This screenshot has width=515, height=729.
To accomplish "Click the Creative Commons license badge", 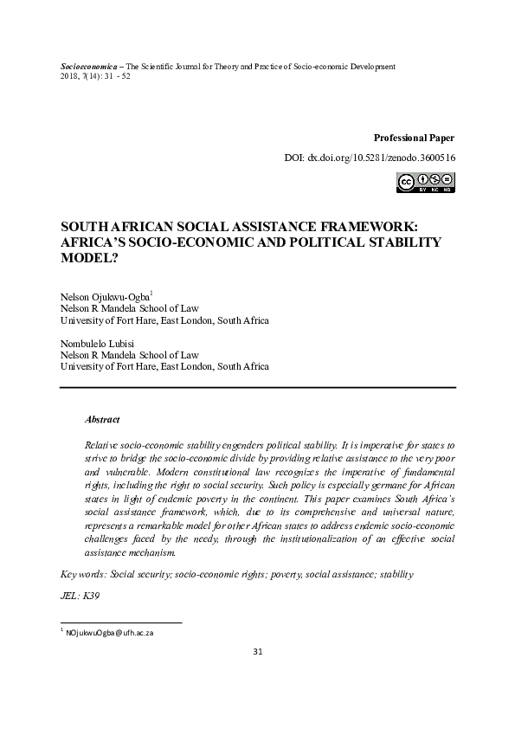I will click(425, 182).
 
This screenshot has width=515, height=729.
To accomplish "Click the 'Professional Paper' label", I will click(414, 138).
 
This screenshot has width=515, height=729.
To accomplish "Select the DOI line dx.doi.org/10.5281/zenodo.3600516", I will click(370, 159).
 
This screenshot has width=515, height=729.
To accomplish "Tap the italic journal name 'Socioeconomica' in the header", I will click(90, 67).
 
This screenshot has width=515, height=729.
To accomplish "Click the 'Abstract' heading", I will click(102, 418).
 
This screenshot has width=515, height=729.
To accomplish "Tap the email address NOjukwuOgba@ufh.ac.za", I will click(108, 632).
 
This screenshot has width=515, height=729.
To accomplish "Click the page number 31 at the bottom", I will click(257, 675).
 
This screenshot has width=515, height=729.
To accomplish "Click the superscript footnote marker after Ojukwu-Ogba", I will click(151, 294).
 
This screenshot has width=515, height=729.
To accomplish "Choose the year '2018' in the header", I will click(69, 76).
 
